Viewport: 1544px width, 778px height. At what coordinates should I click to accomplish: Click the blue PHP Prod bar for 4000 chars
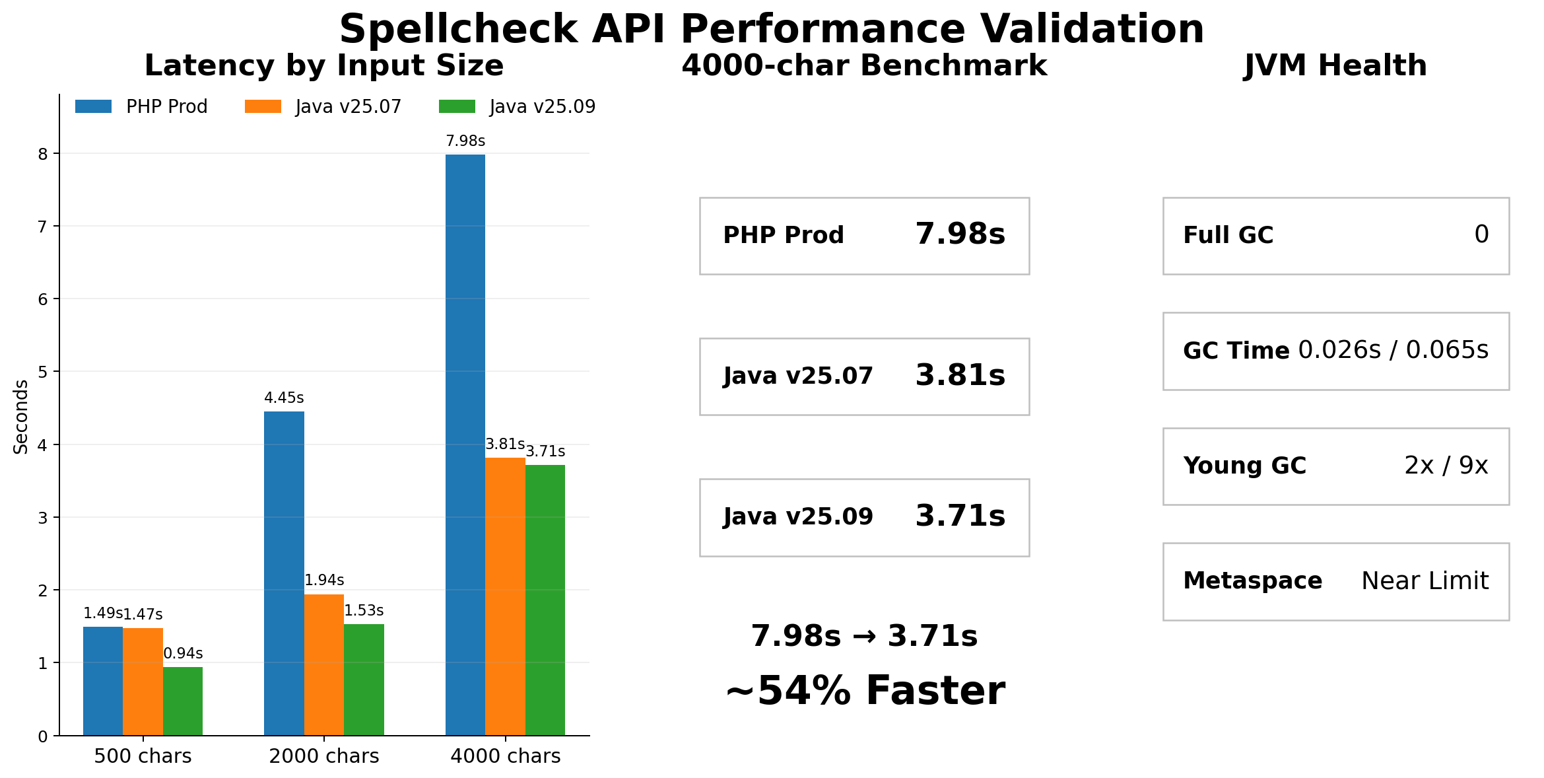pyautogui.click(x=465, y=444)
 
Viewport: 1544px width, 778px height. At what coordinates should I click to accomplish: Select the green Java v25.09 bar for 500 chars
pyautogui.click(x=183, y=701)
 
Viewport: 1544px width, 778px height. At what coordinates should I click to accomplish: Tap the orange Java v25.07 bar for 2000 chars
pyautogui.click(x=324, y=664)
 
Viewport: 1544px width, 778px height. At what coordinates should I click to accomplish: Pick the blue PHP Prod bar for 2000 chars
pyautogui.click(x=284, y=573)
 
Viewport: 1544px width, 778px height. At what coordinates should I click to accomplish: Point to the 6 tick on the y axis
pyautogui.click(x=44, y=299)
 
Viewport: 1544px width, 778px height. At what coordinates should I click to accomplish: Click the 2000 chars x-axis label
pyautogui.click(x=324, y=756)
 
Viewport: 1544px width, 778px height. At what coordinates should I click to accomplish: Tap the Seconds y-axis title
pyautogui.click(x=21, y=417)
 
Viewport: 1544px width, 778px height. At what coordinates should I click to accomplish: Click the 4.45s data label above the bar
pyautogui.click(x=284, y=398)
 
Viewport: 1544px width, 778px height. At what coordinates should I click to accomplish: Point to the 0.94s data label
pyautogui.click(x=183, y=654)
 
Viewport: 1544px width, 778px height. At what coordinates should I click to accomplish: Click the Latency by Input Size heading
pyautogui.click(x=324, y=66)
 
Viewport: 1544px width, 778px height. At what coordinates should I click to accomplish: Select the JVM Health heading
pyautogui.click(x=1335, y=66)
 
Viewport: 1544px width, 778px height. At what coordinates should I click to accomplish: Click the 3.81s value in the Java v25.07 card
pyautogui.click(x=960, y=376)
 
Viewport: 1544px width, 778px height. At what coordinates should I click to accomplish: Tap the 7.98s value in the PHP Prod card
pyautogui.click(x=960, y=235)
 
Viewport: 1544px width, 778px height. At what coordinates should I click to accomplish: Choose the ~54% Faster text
pyautogui.click(x=865, y=691)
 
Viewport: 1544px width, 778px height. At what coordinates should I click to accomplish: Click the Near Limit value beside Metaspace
pyautogui.click(x=1425, y=581)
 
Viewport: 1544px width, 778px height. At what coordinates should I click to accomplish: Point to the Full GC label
pyautogui.click(x=1228, y=236)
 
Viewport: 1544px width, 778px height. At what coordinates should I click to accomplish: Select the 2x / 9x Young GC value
pyautogui.click(x=1446, y=466)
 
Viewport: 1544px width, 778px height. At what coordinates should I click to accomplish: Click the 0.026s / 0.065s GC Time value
pyautogui.click(x=1393, y=351)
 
